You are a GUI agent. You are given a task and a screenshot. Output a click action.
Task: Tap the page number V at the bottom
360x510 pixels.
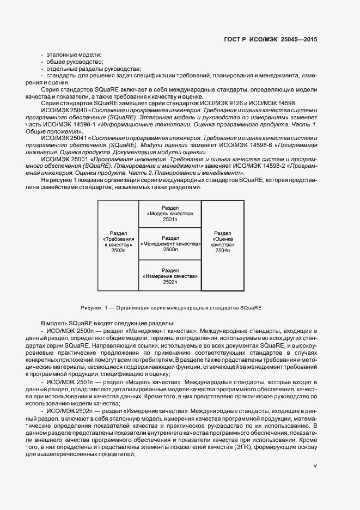click(x=315, y=466)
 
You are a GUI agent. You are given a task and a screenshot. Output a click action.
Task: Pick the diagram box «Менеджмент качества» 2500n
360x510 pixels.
click(x=170, y=244)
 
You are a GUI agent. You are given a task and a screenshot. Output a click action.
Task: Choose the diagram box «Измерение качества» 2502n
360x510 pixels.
click(x=170, y=276)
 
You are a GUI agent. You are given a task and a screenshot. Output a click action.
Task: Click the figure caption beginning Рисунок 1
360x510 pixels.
click(x=171, y=307)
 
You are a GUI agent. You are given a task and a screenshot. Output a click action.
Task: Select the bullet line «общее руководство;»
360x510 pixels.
click(x=76, y=62)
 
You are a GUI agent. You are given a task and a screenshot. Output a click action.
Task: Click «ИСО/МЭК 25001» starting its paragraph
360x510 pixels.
click(x=63, y=159)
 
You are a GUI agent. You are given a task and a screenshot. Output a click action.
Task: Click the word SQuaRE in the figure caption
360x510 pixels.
click(x=251, y=307)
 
